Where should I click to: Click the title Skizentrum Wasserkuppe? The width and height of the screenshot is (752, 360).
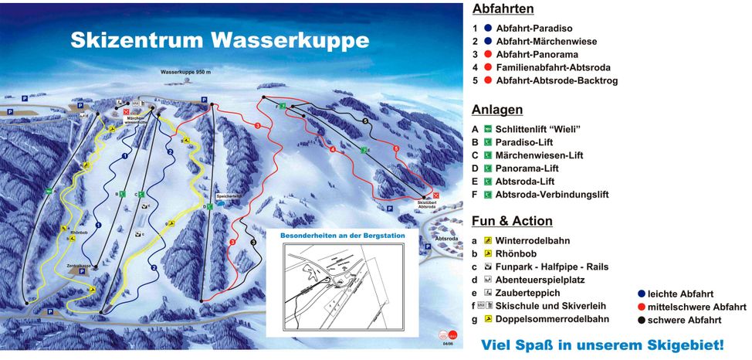220,40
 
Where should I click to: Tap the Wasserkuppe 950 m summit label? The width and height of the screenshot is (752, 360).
185,71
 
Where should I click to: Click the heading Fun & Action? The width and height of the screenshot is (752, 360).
512,221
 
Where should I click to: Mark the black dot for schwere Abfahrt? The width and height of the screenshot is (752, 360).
642,319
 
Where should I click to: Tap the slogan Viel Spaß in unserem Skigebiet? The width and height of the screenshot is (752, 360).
603,344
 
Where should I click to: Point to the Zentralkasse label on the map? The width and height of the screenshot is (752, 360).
80,264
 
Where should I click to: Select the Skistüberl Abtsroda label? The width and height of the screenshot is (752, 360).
427,205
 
